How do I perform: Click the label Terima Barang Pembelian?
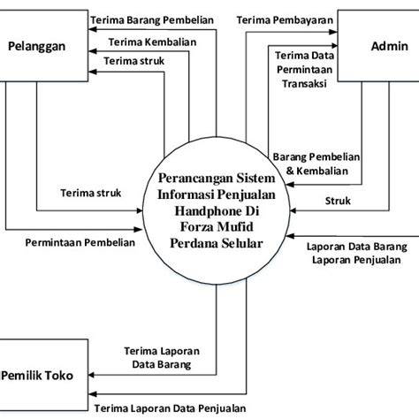[x=152, y=20]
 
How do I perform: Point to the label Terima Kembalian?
[x=152, y=42]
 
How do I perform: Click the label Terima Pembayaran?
[x=285, y=20]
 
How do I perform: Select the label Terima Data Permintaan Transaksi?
[x=305, y=70]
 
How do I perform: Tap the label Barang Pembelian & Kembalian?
[x=316, y=164]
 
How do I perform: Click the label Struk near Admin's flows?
[x=338, y=201]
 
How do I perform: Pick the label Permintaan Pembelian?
[x=80, y=242]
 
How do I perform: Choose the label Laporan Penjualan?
[x=356, y=260]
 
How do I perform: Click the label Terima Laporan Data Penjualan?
[x=170, y=408]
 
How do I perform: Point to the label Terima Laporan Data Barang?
[x=162, y=358]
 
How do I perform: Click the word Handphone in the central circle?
[x=217, y=211]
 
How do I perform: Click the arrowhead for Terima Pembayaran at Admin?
[x=333, y=32]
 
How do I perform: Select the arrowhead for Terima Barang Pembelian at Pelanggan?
[x=93, y=29]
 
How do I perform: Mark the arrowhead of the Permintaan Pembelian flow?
[x=138, y=229]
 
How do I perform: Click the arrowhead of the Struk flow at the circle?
[x=293, y=210]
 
